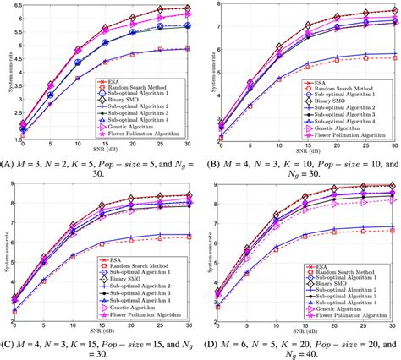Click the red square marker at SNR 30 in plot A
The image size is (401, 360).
click(x=188, y=49)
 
